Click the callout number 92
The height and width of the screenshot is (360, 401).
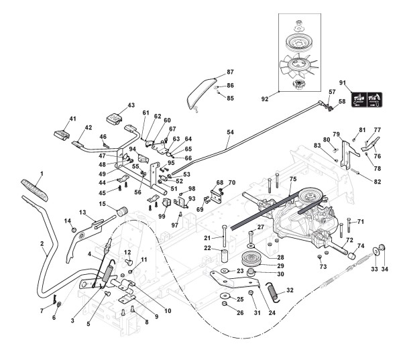(x=265, y=99)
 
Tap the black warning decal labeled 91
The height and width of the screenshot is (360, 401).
(x=367, y=99)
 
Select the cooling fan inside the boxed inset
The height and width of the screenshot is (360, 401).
(x=299, y=66)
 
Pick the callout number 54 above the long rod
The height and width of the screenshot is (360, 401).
(x=230, y=132)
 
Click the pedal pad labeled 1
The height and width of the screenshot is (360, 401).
(x=34, y=190)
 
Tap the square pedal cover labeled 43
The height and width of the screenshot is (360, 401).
(x=114, y=119)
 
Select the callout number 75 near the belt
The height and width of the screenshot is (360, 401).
(x=293, y=179)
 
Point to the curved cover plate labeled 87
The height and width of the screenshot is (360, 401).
(x=202, y=94)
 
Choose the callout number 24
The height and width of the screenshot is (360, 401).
(x=272, y=312)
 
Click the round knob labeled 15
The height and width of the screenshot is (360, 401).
(x=122, y=211)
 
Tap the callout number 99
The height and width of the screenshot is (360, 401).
(x=162, y=217)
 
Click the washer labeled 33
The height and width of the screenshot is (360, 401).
(x=375, y=251)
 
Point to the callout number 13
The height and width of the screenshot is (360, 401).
(x=82, y=213)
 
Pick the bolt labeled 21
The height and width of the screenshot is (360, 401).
(x=224, y=235)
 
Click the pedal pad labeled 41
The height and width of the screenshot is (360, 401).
(x=62, y=135)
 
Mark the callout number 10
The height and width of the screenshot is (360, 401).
(x=168, y=310)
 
